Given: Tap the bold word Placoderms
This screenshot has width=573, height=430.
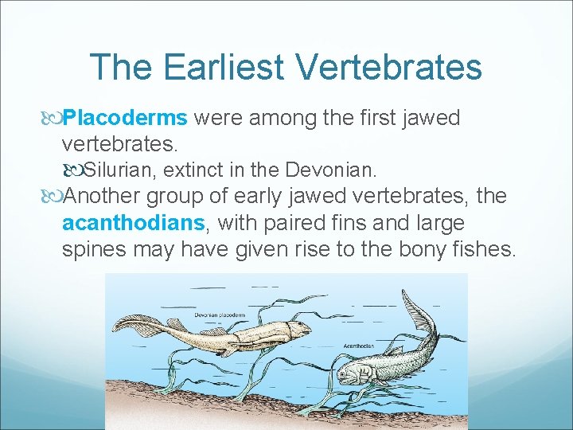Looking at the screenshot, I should click(x=125, y=119).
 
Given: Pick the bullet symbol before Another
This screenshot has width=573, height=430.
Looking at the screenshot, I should click(x=53, y=197).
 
